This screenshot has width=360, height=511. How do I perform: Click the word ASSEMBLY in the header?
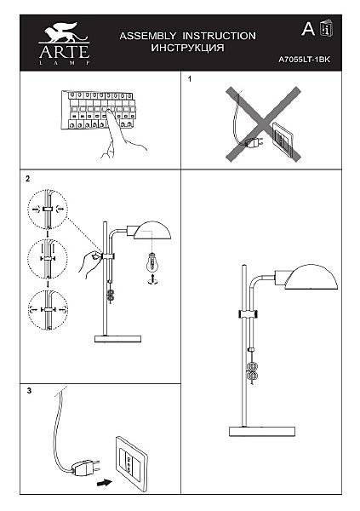click(148, 36)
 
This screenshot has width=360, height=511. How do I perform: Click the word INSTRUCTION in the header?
click(219, 36)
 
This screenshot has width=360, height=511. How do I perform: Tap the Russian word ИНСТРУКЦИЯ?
click(187, 48)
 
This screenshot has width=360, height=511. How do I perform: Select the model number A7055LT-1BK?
click(305, 60)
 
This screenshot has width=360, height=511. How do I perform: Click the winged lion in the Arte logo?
click(64, 32)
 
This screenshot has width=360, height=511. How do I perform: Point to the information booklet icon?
click(327, 29)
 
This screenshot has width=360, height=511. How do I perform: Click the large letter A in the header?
click(308, 29)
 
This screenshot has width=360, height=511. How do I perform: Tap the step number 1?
click(190, 79)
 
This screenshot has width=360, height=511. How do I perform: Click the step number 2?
click(28, 179)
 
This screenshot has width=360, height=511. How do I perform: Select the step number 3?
click(29, 391)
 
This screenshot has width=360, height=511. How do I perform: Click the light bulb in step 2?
click(151, 262)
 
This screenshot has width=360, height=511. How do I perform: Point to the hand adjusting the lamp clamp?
click(89, 263)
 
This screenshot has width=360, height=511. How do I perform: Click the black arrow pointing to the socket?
click(105, 483)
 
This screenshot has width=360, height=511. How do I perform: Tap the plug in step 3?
click(86, 468)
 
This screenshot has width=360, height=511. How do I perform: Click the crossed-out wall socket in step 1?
click(283, 139)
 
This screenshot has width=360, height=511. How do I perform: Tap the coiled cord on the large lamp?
click(252, 371)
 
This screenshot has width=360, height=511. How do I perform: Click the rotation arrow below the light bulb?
click(151, 280)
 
